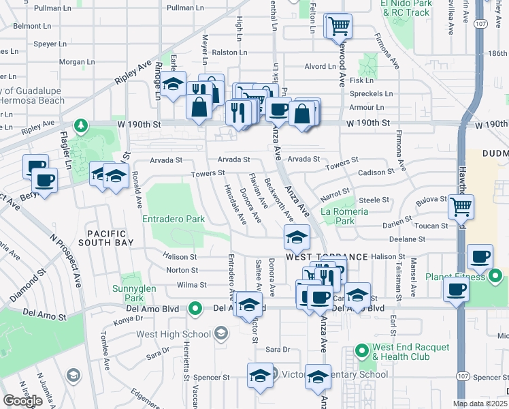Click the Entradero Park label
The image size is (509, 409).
click(174, 219)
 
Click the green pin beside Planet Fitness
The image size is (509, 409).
click(495, 277)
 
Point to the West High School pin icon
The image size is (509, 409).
click(220, 333)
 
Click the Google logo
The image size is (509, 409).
click(22, 401)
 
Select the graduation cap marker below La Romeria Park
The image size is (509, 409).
click(297, 237)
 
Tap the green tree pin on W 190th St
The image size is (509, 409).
click(81, 125)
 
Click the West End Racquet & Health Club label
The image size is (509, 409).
click(410, 352)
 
